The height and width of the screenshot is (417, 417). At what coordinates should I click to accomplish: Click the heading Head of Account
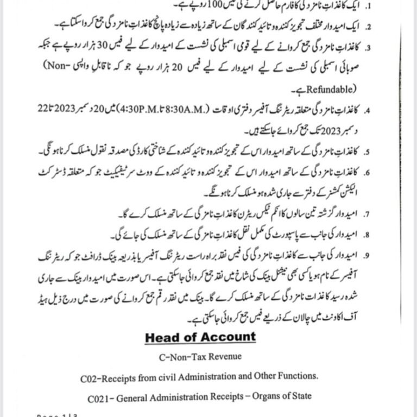pyautogui.click(x=200, y=337)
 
